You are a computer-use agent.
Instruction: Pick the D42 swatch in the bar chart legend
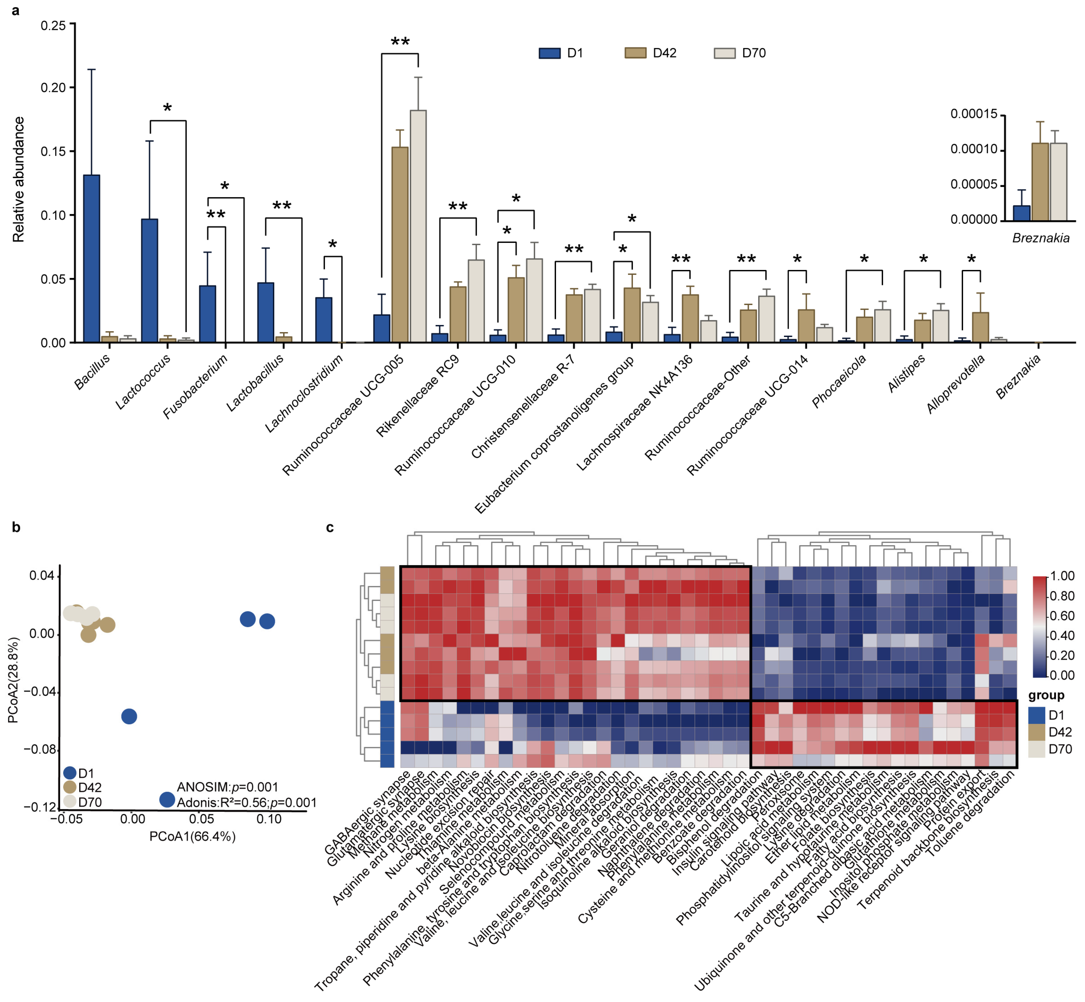pos(635,53)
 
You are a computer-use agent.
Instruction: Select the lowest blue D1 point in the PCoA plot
pos(167,799)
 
